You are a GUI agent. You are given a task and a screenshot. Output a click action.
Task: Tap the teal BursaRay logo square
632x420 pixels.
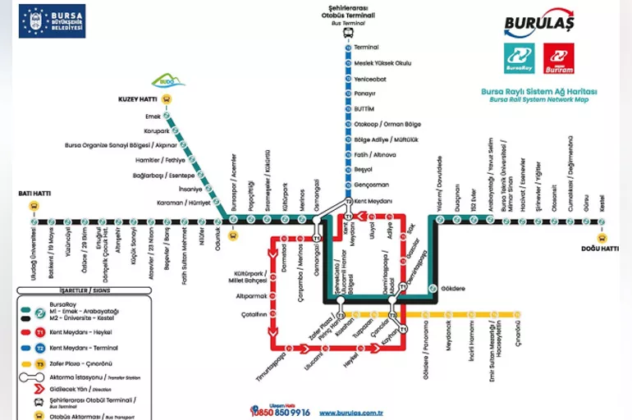point(519,58)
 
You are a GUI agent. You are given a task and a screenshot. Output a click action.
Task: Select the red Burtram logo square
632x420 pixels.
point(558,58)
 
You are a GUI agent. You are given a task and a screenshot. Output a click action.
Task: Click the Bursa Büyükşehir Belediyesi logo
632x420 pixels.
point(52,21)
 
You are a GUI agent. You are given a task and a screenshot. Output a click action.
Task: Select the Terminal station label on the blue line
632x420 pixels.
point(366,47)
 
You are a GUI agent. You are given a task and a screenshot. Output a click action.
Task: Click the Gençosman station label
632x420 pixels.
point(371,185)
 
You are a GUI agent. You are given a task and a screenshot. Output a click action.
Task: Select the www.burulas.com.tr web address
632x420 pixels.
point(352,413)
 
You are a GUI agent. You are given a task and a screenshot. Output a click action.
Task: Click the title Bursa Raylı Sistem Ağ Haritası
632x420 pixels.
point(540,91)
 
